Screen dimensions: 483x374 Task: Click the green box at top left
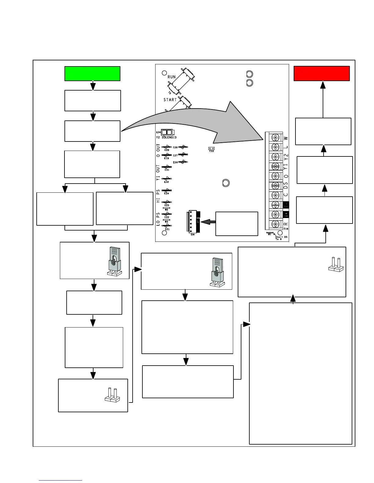tap(92, 73)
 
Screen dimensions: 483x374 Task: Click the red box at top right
tap(321, 73)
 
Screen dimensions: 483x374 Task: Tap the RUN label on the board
tap(171, 77)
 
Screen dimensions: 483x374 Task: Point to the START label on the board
tap(170, 100)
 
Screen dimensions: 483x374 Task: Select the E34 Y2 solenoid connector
tap(167, 132)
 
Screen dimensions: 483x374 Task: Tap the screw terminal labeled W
tap(275, 138)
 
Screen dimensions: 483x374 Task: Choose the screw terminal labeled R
tap(275, 224)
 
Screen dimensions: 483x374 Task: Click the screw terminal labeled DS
tap(275, 185)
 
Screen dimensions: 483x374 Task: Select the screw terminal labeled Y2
tap(275, 157)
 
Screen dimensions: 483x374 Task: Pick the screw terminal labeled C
tap(275, 195)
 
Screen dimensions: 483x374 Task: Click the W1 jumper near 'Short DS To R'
tap(269, 232)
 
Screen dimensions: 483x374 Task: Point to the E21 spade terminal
tap(167, 226)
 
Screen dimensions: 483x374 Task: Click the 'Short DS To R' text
tap(279, 238)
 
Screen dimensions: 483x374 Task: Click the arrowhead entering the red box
tap(323, 84)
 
